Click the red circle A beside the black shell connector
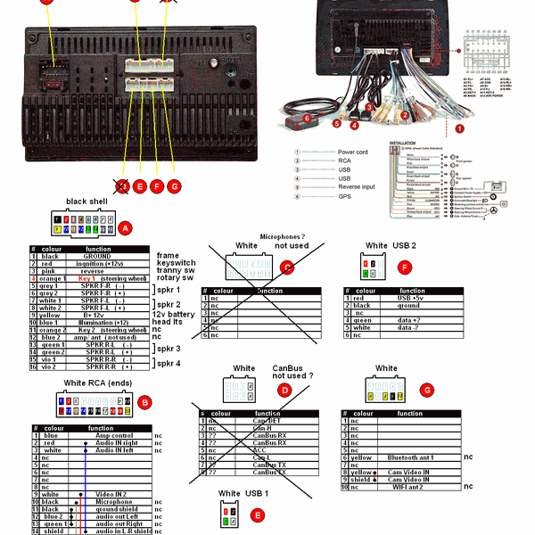[126, 228]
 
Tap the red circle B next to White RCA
[144, 403]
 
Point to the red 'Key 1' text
[86, 279]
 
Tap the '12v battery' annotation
[175, 315]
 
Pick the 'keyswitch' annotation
[176, 264]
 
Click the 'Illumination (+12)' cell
[98, 323]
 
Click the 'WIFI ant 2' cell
[409, 486]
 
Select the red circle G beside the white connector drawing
[426, 390]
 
